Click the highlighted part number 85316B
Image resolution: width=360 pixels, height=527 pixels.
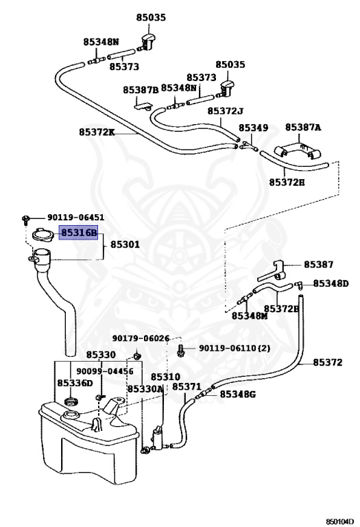pos(79,233)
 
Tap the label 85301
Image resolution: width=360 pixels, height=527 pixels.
pos(125,244)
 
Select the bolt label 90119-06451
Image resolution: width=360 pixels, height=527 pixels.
pos(75,218)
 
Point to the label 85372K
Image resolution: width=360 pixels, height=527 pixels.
pos(97,132)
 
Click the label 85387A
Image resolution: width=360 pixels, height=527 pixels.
pos(303,128)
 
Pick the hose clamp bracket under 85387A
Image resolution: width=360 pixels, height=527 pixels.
pos(297,150)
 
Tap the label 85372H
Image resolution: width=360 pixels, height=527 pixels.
pos(287,183)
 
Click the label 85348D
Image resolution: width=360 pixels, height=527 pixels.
pos(331,283)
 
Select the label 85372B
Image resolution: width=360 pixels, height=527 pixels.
pos(280,309)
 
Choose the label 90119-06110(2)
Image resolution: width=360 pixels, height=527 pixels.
pos(235,348)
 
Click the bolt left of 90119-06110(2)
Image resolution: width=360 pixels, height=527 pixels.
pos(181,350)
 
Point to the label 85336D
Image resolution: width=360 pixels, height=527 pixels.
pos(75,383)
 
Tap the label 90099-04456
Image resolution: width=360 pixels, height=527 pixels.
pos(105,371)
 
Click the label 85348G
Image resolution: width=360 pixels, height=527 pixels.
pos(237,394)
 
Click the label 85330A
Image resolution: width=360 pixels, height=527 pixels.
pos(145,389)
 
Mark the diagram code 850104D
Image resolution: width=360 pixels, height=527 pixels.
pos(339,522)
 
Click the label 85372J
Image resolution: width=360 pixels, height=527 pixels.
pos(226,111)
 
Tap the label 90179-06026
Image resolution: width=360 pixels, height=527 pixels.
pos(141,338)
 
